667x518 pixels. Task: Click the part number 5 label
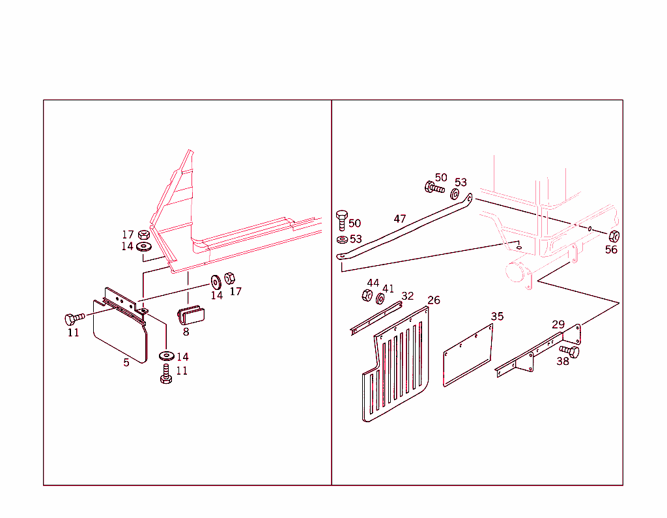[x=126, y=362]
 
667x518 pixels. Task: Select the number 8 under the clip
[x=186, y=332]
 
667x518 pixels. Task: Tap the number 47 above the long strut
[x=400, y=219]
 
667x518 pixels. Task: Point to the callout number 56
[x=611, y=250]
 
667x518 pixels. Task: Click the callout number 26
[x=434, y=300]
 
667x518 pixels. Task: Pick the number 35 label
[x=497, y=316]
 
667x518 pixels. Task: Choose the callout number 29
[x=558, y=324]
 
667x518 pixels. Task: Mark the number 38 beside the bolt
[x=563, y=362]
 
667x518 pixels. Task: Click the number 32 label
[x=408, y=296]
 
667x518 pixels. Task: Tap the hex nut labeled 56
[x=614, y=236]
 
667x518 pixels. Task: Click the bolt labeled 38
[x=569, y=351]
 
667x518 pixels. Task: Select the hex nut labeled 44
[x=367, y=295]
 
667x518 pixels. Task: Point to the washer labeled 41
[x=380, y=299]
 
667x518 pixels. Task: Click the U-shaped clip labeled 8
[x=191, y=315]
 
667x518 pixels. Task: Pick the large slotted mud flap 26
[x=395, y=364]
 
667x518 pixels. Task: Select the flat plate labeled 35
[x=468, y=355]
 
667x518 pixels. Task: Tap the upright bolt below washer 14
[x=166, y=374]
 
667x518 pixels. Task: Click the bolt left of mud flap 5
[x=75, y=319]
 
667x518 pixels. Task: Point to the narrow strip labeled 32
[x=376, y=318]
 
